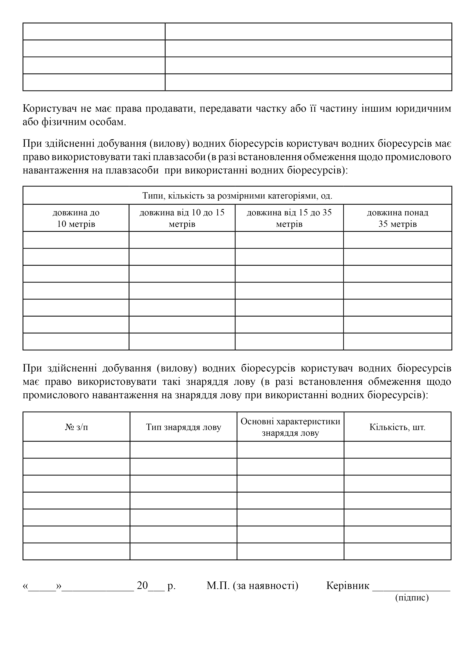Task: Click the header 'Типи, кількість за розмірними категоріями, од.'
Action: coord(237,195)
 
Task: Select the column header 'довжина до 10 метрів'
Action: coord(76,218)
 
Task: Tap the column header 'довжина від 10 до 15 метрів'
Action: coord(182,218)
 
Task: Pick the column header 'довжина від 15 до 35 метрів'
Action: coord(289,218)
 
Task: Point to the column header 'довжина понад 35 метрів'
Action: coord(398,218)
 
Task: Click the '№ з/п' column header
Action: coord(76,427)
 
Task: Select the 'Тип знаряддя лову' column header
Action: coord(183,427)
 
